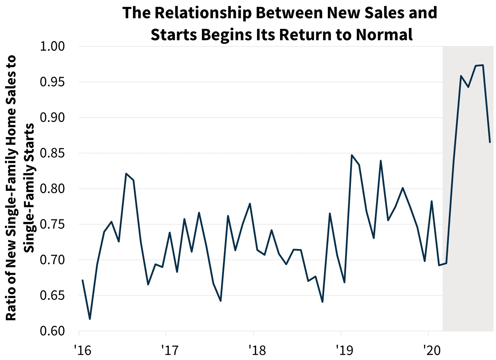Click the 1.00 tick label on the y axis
click(53, 46)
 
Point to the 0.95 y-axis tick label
click(53, 82)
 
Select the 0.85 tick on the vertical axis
click(53, 153)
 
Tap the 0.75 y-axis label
click(53, 224)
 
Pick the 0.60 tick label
click(53, 331)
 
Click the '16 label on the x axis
click(82, 349)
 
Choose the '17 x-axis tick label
click(170, 349)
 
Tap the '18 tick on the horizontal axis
click(257, 349)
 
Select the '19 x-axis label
click(344, 349)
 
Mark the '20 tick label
click(432, 349)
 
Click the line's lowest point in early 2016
click(90, 319)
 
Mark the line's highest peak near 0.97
click(483, 65)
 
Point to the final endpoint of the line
click(490, 142)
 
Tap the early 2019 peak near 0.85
click(352, 155)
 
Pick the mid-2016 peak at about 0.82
click(126, 173)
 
